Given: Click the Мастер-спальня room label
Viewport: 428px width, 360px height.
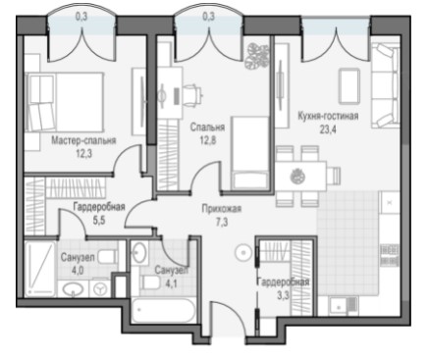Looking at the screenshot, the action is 83,140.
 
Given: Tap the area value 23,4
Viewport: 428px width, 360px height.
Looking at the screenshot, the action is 328,129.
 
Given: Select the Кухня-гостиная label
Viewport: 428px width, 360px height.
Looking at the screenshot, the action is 328,116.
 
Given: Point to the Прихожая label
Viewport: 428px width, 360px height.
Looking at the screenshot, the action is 222,208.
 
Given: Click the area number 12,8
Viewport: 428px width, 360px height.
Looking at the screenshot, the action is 208,140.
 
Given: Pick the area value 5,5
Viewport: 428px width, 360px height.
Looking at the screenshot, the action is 99,221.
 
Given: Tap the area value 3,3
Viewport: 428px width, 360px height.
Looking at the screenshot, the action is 283,296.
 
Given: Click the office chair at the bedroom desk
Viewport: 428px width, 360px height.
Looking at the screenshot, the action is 192,94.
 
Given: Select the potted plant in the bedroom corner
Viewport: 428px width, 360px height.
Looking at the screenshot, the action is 257,56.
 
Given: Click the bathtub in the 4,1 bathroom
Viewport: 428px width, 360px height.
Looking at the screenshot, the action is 163,311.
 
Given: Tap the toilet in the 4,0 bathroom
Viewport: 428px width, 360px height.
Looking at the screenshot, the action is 108,257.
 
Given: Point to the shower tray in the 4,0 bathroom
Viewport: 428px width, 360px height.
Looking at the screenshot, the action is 40,269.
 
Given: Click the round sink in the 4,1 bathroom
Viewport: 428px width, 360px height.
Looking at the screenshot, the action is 139,251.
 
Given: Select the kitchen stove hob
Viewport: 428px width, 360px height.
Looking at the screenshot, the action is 390,255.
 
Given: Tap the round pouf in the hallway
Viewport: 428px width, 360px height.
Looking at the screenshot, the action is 243,252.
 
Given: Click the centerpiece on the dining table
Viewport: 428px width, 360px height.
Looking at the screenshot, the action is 297,177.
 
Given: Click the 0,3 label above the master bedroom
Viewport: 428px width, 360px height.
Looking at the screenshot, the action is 81,17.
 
